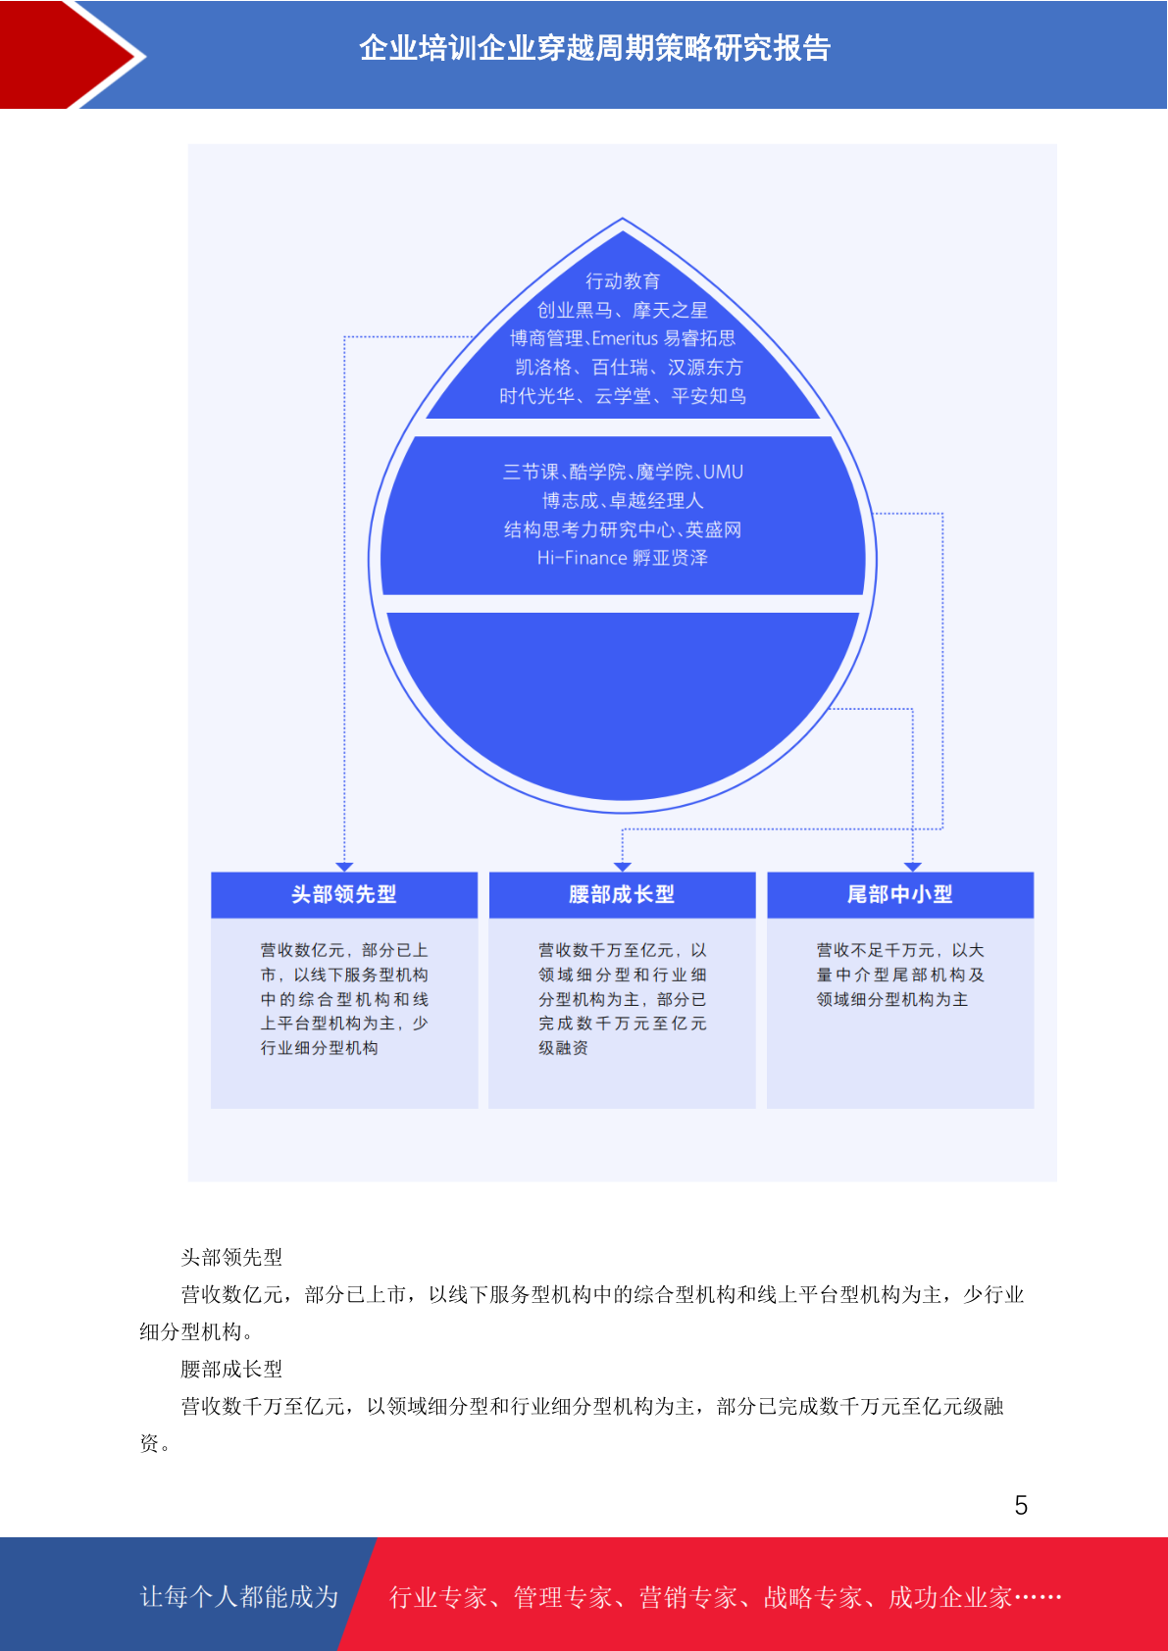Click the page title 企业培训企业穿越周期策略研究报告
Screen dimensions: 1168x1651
(595, 49)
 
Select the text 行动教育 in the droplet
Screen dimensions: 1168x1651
(623, 280)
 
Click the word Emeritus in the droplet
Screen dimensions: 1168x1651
(625, 338)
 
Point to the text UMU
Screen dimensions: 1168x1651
(723, 472)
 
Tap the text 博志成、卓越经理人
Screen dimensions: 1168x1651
(623, 500)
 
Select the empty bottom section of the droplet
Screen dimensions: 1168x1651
(623, 704)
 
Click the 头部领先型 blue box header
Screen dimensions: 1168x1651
(344, 895)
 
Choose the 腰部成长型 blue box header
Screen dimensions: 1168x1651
(623, 895)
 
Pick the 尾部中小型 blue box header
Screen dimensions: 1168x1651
(900, 895)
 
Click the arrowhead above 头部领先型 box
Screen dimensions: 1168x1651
(344, 867)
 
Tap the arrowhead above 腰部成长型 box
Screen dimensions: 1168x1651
(623, 867)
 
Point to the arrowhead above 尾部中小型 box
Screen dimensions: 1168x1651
(913, 867)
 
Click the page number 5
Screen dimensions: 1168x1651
(1021, 1505)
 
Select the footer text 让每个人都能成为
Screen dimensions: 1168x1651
(239, 1596)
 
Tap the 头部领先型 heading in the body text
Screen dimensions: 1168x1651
(231, 1258)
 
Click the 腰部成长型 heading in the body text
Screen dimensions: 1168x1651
(231, 1370)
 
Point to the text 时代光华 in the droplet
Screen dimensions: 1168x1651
(536, 396)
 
